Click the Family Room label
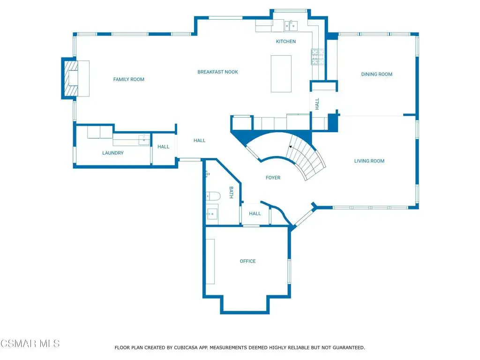[x=128, y=79]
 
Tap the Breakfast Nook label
[x=217, y=72]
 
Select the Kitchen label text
[x=286, y=41]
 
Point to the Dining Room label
[x=376, y=74]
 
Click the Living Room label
[x=369, y=161]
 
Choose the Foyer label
[x=273, y=178]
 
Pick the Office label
[x=247, y=261]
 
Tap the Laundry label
[x=113, y=153]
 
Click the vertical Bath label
[x=232, y=192]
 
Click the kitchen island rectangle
[x=281, y=74]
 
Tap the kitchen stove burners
[x=317, y=57]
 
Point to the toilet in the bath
[x=213, y=196]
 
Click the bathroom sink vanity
[x=212, y=213]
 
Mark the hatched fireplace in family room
[x=71, y=78]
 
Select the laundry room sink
[x=144, y=140]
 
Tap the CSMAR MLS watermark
[x=30, y=344]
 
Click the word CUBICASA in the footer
[x=186, y=348]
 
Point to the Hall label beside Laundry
[x=164, y=147]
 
